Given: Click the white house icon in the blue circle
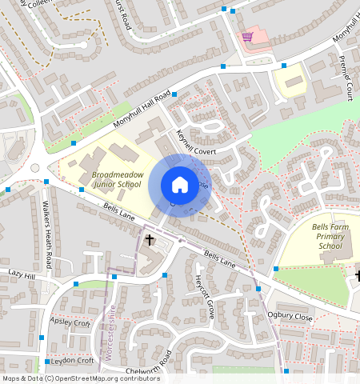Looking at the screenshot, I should pyautogui.click(x=180, y=185).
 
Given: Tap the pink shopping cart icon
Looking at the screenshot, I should pyautogui.click(x=248, y=37).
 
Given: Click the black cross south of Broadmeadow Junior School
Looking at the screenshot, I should pyautogui.click(x=149, y=240).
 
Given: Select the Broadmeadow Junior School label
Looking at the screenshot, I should pyautogui.click(x=116, y=179).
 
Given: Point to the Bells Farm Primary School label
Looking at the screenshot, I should pyautogui.click(x=330, y=237).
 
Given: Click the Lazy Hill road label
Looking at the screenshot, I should pyautogui.click(x=22, y=274).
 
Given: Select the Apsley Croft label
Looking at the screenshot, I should pyautogui.click(x=70, y=322).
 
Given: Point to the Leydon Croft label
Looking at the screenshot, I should pyautogui.click(x=73, y=361).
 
